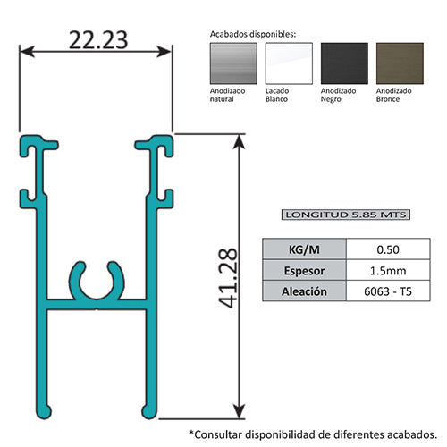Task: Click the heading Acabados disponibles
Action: tap(253, 33)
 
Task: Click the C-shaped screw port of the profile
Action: tap(96, 283)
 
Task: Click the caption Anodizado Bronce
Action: tap(394, 96)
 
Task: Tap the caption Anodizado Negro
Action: tap(338, 96)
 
